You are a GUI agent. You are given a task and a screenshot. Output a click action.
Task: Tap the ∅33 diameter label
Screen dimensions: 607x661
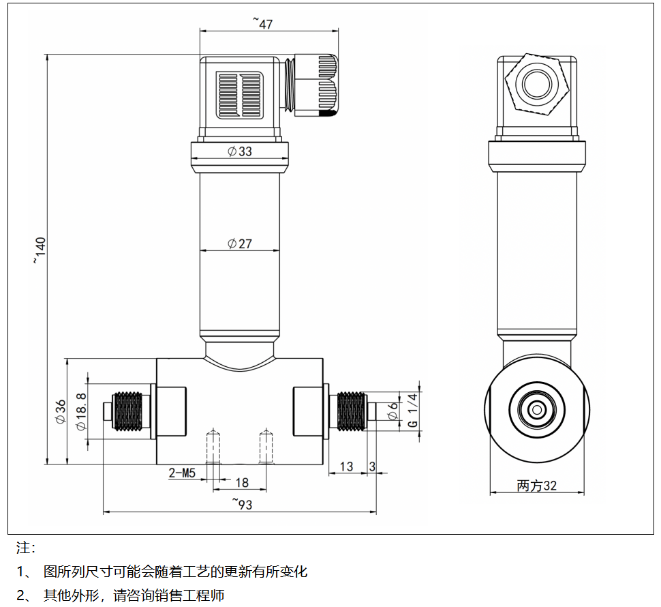click(240, 151)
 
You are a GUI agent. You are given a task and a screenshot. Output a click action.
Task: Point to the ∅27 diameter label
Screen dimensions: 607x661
click(240, 243)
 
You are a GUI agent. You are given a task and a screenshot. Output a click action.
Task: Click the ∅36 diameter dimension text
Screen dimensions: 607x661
click(60, 413)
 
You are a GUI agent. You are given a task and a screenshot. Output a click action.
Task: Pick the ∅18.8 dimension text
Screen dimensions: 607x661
click(81, 412)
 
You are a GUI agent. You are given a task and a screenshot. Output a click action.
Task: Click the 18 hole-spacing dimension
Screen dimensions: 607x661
click(241, 483)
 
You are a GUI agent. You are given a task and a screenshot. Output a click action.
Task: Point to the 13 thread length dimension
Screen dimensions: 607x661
click(346, 467)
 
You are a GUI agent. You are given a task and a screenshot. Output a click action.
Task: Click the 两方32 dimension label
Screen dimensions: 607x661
click(537, 486)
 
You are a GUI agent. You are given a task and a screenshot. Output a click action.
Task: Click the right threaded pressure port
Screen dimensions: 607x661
click(352, 411)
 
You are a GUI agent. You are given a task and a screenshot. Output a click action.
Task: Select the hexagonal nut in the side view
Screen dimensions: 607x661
click(536, 85)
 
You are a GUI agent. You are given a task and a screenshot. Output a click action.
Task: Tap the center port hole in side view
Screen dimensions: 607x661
click(536, 410)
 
